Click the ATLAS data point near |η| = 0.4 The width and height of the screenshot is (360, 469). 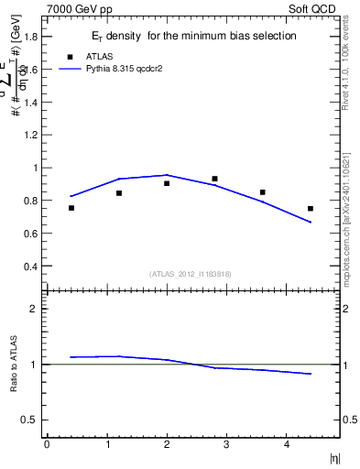pos(71,208)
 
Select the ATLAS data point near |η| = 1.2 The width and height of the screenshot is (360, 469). pos(119,193)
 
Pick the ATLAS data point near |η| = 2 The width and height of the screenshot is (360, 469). pos(167,183)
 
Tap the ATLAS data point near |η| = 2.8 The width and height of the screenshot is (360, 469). pos(214,179)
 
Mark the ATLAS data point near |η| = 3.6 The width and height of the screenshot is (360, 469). pos(263,192)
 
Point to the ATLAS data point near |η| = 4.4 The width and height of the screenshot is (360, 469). pos(311,209)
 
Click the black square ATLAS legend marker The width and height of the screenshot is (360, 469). pos(71,56)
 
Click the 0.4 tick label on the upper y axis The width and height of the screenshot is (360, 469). pos(30,267)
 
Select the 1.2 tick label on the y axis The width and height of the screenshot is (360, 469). pos(30,135)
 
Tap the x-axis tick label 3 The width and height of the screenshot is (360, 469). pos(227,445)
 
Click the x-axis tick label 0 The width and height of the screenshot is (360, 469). pos(47,445)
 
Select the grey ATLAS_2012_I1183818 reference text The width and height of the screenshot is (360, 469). pos(190,274)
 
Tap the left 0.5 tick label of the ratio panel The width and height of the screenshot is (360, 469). pos(30,420)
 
